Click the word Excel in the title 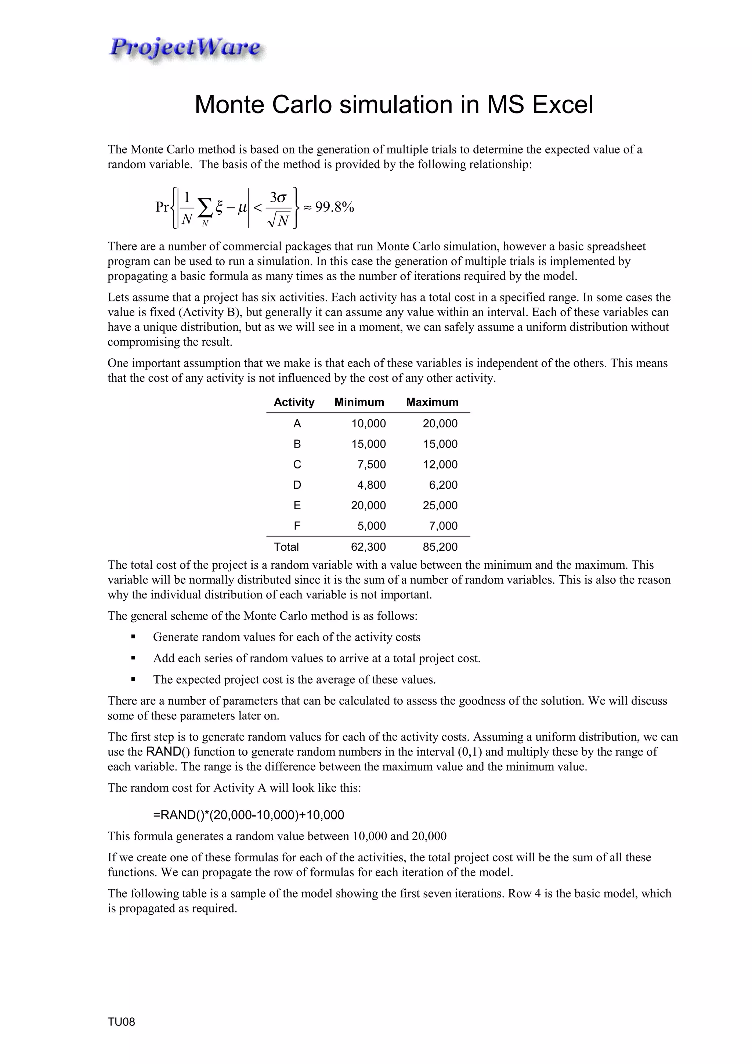point(562,105)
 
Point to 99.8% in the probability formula point(335,207)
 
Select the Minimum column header point(359,402)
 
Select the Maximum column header point(432,402)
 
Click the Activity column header point(294,402)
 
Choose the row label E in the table point(297,505)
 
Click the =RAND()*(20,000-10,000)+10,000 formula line point(248,815)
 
